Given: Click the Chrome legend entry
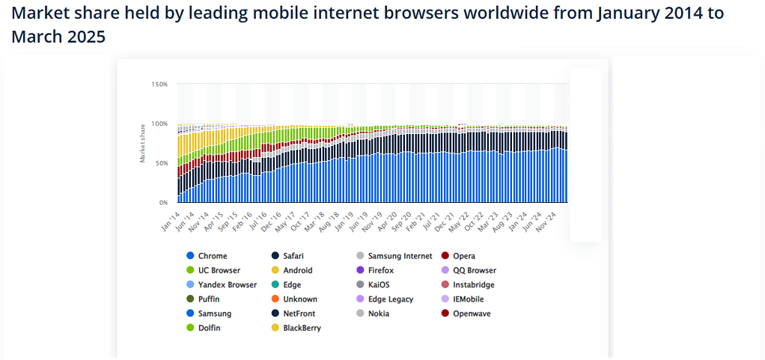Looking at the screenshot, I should tap(213, 256).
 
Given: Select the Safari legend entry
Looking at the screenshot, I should tap(293, 256).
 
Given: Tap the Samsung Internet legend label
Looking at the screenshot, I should tap(400, 256).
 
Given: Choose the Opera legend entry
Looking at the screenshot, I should tap(463, 256).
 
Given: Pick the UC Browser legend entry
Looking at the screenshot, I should tap(218, 270).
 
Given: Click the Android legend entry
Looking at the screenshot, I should tap(297, 270).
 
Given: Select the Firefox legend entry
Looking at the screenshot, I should tap(380, 270).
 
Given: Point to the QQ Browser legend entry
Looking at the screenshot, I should tap(474, 270).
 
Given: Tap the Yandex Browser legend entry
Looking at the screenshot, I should tap(227, 284).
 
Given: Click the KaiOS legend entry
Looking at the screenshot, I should tap(378, 284).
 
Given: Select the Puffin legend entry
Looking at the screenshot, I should tap(209, 299).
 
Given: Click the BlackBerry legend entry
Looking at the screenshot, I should tap(302, 328).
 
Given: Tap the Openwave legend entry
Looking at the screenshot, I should tap(472, 314).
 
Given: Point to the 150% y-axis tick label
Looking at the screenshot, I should tap(159, 85).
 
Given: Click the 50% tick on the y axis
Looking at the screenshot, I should tap(161, 163).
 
